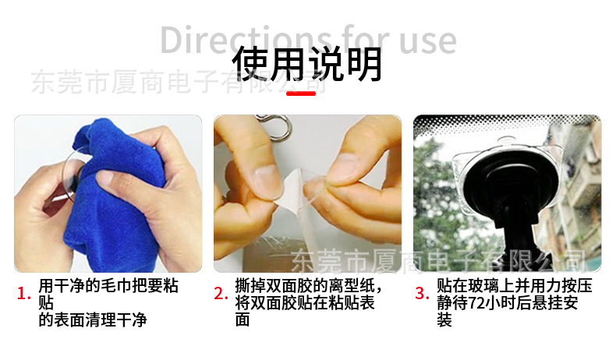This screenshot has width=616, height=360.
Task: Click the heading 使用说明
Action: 306,65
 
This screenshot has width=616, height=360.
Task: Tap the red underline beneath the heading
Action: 301,94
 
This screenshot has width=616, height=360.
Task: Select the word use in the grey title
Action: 428,41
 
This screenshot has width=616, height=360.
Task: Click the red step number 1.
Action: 23,294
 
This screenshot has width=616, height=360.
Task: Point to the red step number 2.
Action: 221,294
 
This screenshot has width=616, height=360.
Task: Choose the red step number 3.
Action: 422,294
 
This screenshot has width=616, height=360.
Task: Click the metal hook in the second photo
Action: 275,126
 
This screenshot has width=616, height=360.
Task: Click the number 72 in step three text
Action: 476,303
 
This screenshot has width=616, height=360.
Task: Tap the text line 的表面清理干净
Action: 93,320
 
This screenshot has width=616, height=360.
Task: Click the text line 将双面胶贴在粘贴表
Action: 305,303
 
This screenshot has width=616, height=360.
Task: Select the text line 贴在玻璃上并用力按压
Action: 515,286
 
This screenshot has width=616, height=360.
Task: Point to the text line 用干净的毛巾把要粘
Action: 108,286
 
